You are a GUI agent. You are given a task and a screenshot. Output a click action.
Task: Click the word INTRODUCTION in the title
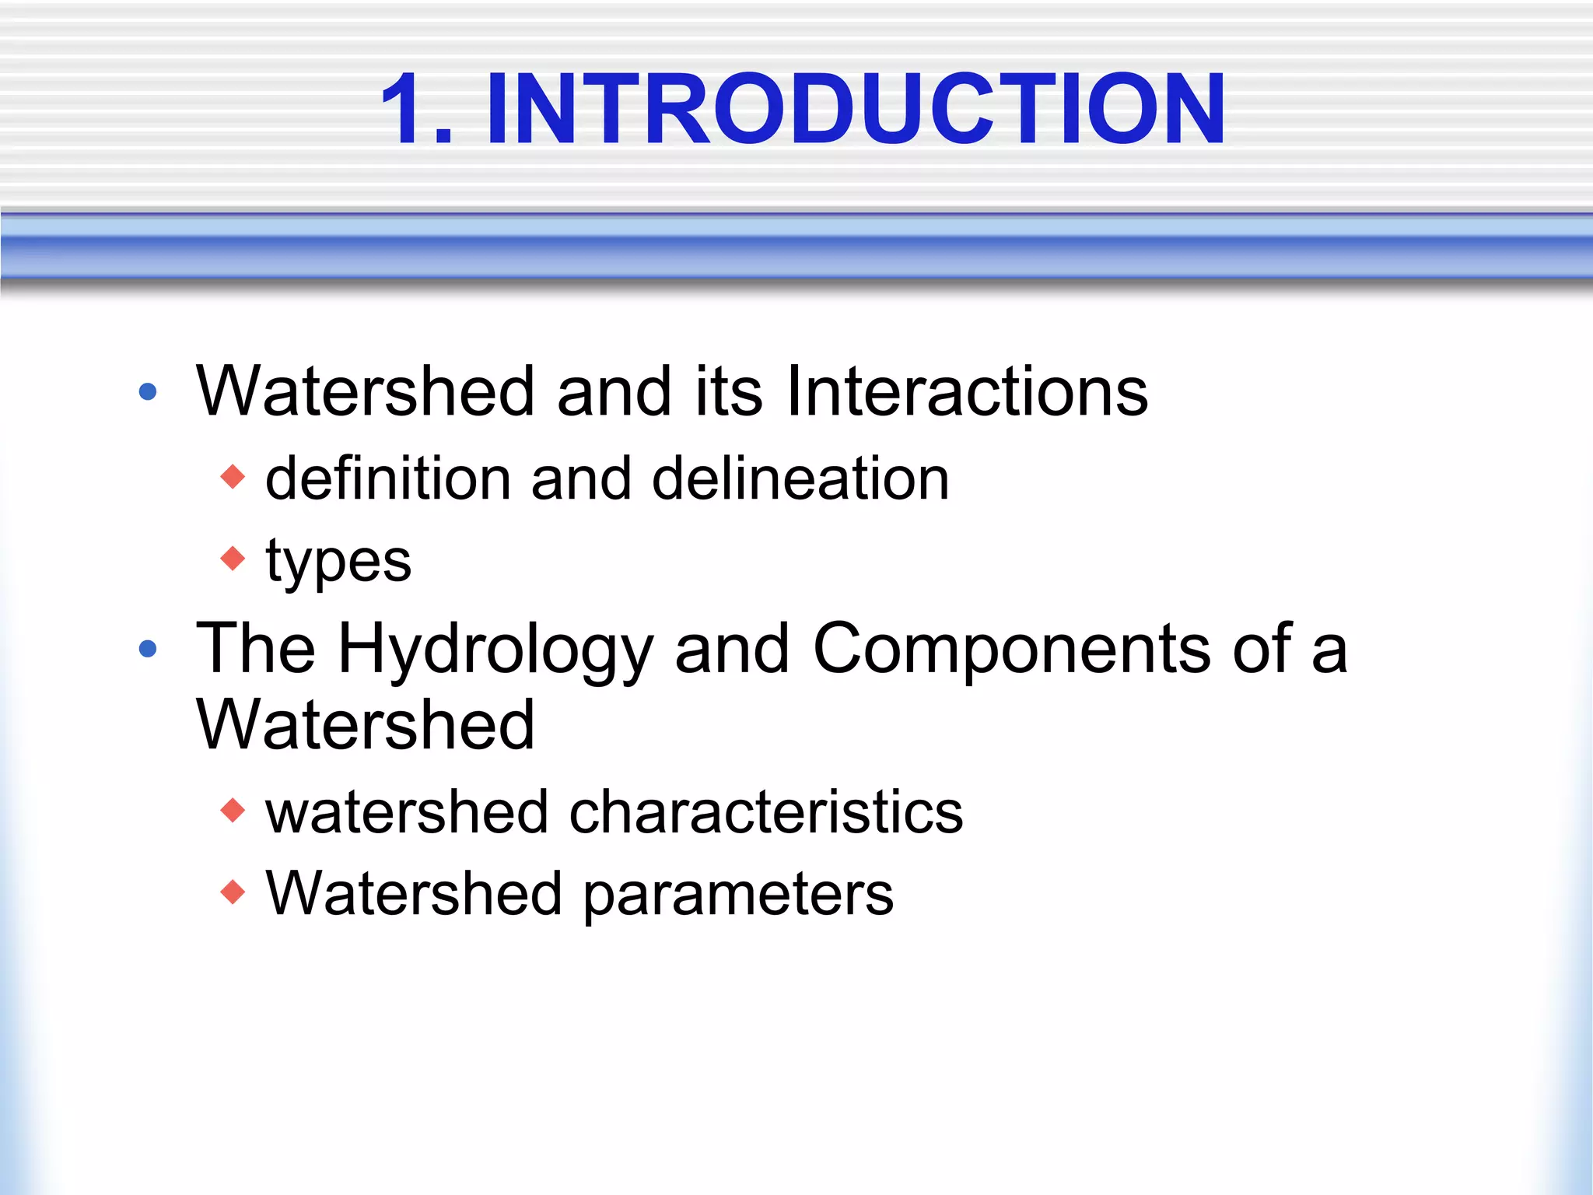(x=856, y=109)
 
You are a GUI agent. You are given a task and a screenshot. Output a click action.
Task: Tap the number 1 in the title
(x=404, y=109)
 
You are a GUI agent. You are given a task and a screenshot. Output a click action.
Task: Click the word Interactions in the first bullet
(x=967, y=391)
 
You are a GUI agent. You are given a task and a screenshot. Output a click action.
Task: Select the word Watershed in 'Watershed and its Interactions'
(x=366, y=391)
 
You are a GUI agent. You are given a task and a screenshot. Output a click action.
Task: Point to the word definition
(x=388, y=478)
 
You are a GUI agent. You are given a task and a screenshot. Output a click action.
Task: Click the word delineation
(x=800, y=478)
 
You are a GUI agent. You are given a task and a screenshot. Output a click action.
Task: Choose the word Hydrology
(x=495, y=650)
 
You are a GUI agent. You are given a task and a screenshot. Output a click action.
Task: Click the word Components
(x=1011, y=650)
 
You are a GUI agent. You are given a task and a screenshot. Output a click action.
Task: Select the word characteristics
(x=766, y=812)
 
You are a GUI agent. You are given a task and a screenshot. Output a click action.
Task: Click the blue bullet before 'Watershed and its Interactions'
(x=148, y=391)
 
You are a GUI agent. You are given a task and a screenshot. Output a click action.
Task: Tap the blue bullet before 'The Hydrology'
(x=148, y=648)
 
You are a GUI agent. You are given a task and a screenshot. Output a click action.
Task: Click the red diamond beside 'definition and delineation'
(x=233, y=476)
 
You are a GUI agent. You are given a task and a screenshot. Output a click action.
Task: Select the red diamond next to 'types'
(x=233, y=558)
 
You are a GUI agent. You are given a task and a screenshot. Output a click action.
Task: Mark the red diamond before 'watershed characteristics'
(x=233, y=811)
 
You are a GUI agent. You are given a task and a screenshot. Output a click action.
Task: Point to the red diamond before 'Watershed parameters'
(x=233, y=892)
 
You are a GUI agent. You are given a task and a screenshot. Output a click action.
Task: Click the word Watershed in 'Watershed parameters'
(x=414, y=893)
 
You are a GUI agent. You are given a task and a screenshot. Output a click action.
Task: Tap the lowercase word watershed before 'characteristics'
(x=407, y=812)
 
